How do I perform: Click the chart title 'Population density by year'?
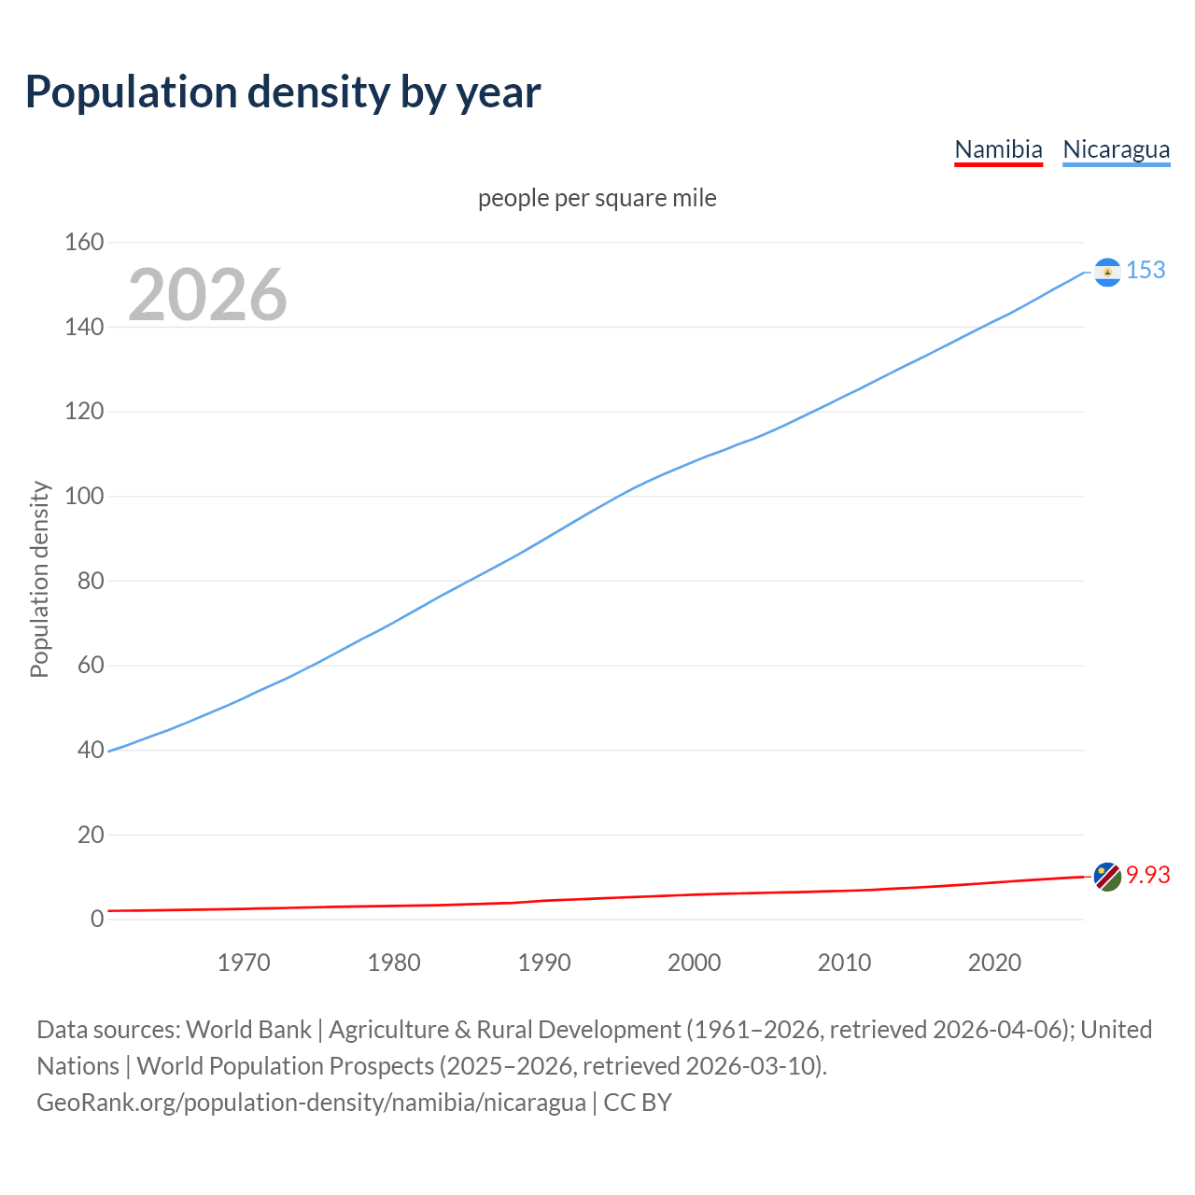point(283,91)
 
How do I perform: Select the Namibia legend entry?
point(998,149)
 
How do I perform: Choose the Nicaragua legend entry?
point(1116,149)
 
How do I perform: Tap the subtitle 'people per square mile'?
point(597,199)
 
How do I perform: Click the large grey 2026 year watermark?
point(207,295)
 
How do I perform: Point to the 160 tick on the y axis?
point(84,243)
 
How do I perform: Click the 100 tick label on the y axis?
point(84,497)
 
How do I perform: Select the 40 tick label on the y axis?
point(91,750)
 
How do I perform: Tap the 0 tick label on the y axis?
point(97,919)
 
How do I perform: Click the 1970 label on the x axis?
point(244,963)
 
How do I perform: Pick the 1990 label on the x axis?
point(544,963)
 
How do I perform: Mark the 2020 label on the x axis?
point(994,963)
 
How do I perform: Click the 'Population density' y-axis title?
point(39,579)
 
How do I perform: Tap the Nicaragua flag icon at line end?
point(1107,272)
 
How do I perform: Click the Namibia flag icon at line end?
point(1107,877)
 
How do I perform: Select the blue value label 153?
point(1146,271)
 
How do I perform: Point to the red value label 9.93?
point(1147,876)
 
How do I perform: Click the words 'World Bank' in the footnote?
point(248,1030)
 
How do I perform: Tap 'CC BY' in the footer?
point(638,1103)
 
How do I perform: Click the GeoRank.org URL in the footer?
point(311,1103)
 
